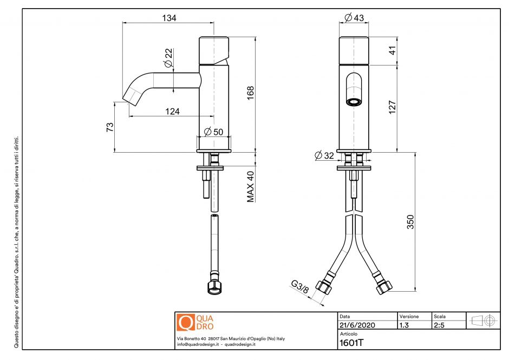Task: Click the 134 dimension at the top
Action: point(169,18)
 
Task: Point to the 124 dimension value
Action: point(172,112)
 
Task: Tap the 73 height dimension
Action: point(110,127)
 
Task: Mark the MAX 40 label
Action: point(251,187)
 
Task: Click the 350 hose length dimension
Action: point(410,222)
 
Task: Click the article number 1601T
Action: point(351,342)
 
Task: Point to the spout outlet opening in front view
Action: point(354,102)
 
